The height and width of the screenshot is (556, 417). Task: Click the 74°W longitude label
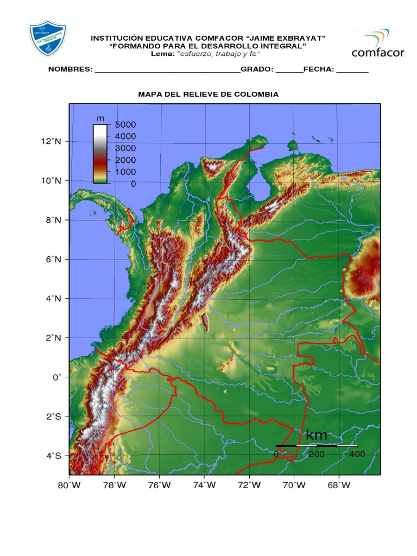[204, 485]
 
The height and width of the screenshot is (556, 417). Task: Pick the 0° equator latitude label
[57, 377]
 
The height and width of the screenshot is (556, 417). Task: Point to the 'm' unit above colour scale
[100, 118]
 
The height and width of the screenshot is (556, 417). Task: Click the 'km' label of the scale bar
[317, 435]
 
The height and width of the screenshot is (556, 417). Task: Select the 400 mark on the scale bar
[357, 453]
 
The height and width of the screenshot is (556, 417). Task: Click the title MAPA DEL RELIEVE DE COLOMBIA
[208, 94]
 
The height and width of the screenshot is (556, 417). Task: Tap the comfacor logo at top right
[378, 43]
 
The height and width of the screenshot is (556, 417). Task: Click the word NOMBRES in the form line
[71, 69]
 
